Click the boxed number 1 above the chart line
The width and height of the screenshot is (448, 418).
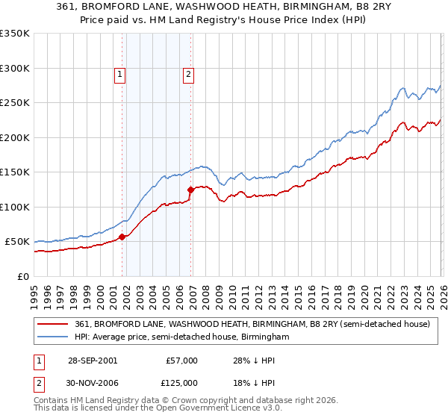pos(121,74)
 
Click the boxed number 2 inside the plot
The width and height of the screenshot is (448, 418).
pos(189,74)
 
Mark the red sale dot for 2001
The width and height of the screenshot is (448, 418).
pos(122,237)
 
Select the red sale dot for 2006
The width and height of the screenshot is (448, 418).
pos(190,190)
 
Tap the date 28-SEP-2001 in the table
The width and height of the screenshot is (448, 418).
pos(93,360)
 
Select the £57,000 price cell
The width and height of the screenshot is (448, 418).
pos(181,360)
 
